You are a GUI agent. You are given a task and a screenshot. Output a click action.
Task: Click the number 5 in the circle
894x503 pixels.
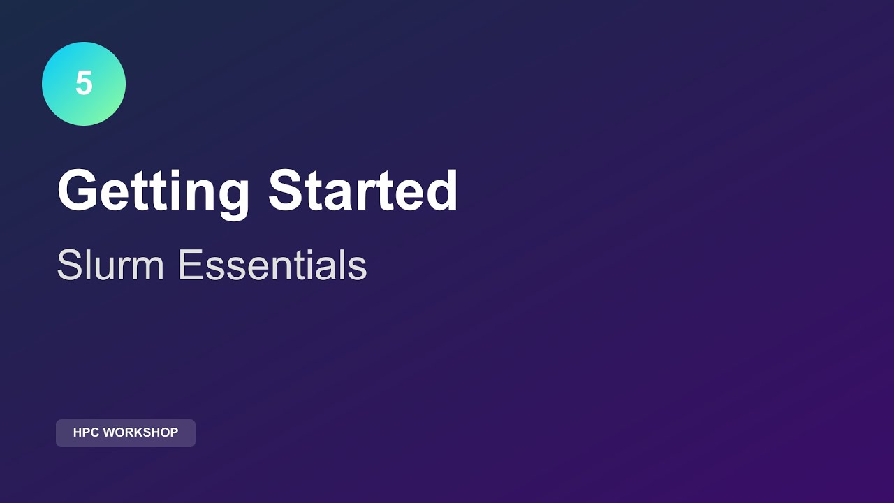(84, 84)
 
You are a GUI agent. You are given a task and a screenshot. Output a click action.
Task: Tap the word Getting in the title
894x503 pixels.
(153, 191)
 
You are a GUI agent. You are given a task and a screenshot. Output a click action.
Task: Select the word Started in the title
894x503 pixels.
(363, 190)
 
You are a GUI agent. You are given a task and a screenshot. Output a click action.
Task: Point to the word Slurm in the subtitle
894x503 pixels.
(110, 265)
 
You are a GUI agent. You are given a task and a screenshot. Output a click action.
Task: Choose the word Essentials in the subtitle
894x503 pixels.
(272, 265)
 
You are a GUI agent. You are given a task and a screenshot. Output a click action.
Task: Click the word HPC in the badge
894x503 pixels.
(87, 432)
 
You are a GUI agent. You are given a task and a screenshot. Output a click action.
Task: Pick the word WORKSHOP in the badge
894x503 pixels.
(140, 432)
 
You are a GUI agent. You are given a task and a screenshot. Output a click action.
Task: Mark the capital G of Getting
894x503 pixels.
(77, 190)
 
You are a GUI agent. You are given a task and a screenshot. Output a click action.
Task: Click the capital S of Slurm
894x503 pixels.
(69, 265)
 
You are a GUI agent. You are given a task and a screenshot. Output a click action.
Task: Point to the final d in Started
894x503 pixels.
(441, 191)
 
